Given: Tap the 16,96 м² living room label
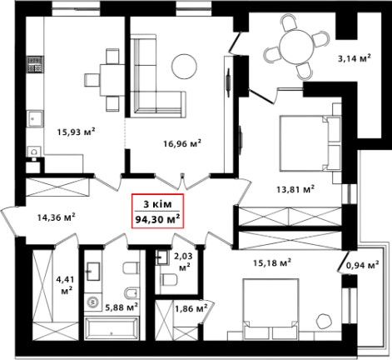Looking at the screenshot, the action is click(x=182, y=143).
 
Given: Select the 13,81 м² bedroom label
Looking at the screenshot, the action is click(x=295, y=189).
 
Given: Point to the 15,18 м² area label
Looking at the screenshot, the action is click(x=272, y=262).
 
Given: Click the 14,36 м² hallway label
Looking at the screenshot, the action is click(x=57, y=217).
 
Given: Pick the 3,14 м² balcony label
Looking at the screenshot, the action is click(x=355, y=58).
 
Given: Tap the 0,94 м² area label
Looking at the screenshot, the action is click(x=362, y=265).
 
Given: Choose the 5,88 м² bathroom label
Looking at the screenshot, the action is click(x=122, y=307).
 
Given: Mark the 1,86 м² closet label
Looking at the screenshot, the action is click(x=191, y=307).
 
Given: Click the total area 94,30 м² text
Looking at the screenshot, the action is click(x=157, y=219).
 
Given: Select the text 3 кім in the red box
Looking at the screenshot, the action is click(x=157, y=204).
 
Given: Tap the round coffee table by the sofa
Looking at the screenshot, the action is click(x=184, y=67).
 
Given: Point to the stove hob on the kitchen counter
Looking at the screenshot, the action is click(x=35, y=64).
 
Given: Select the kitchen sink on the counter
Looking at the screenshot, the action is click(x=35, y=119).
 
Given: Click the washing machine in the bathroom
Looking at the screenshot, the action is click(x=93, y=302).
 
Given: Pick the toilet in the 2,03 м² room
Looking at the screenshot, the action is click(x=169, y=280).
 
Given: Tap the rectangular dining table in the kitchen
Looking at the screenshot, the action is click(x=112, y=79).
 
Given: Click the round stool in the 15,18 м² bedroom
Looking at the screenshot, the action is click(x=325, y=321).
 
